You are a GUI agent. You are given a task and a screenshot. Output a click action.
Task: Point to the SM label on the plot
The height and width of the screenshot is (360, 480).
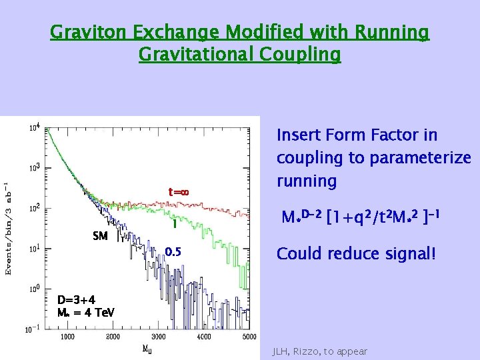click(100, 236)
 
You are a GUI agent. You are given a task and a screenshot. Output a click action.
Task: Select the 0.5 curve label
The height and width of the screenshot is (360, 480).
click(173, 252)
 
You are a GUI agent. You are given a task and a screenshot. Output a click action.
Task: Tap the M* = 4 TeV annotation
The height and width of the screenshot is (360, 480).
click(86, 312)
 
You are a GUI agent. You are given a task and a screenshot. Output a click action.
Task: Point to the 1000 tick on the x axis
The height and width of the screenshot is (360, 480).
click(67, 336)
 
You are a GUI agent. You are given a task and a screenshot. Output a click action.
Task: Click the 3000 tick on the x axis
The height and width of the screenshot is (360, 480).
click(158, 336)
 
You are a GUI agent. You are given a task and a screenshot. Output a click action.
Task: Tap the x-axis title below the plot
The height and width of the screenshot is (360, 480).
click(147, 348)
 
